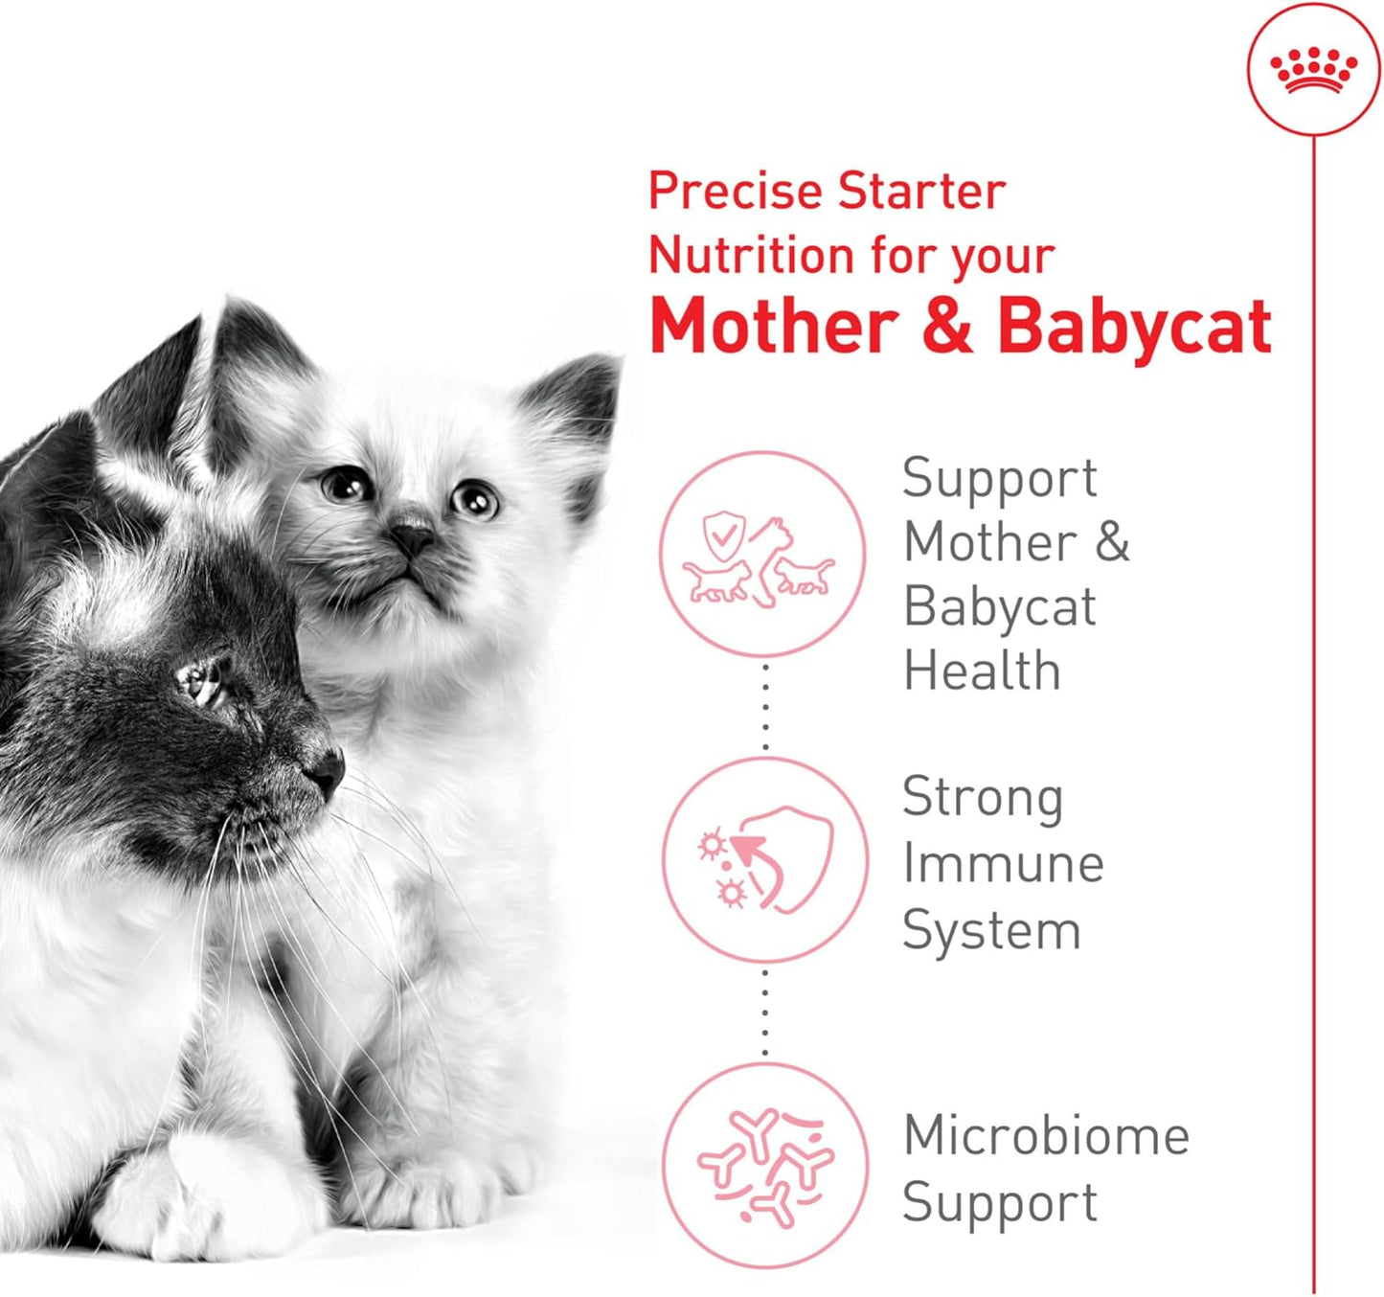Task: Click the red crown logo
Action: click(x=1313, y=71)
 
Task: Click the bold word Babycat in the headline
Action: click(x=1134, y=327)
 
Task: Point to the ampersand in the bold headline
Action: click(x=947, y=327)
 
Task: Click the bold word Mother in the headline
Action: click(x=774, y=327)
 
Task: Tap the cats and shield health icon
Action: click(x=762, y=555)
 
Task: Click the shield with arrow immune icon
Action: click(x=765, y=859)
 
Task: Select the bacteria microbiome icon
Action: click(x=765, y=1165)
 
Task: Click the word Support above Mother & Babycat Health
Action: click(x=999, y=479)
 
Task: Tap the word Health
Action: click(x=982, y=671)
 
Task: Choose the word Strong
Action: click(x=983, y=798)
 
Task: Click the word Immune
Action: click(x=1003, y=864)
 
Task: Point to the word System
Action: click(x=991, y=931)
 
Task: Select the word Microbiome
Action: click(x=1046, y=1136)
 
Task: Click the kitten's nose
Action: click(x=413, y=539)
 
